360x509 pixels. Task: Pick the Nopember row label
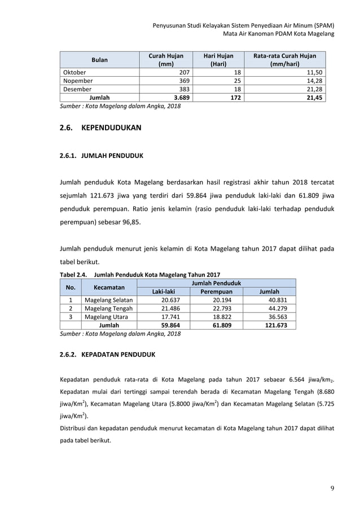point(78,81)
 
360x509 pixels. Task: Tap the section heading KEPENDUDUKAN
point(112,128)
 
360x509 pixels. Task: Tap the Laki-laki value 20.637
point(170,300)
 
